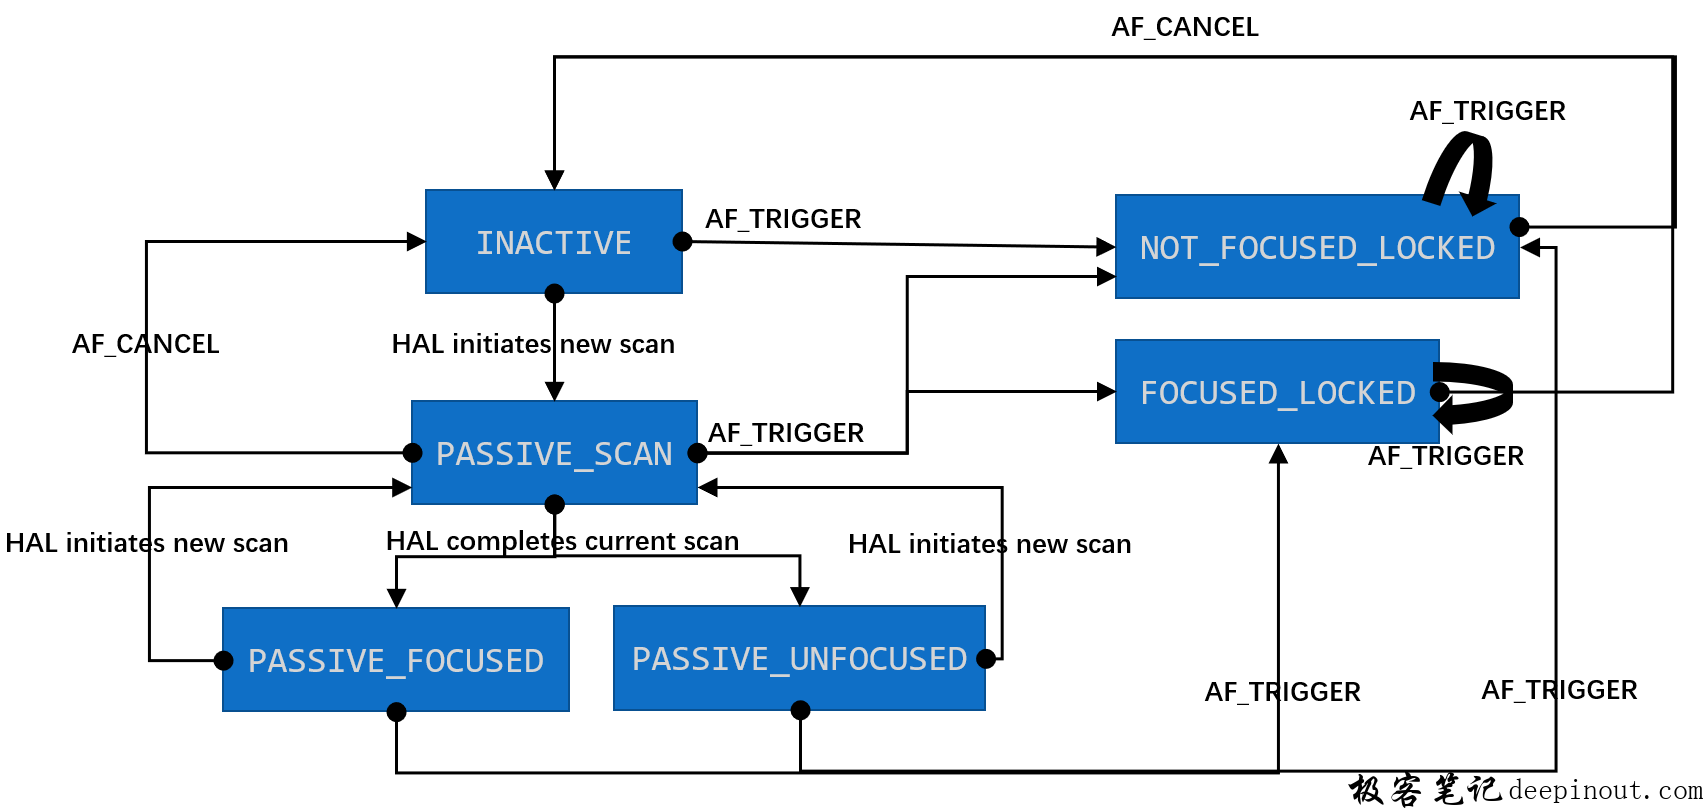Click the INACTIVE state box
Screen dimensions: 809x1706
(x=553, y=242)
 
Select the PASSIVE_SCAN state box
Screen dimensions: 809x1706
(x=554, y=453)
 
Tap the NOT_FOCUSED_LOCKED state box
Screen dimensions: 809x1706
(x=1316, y=247)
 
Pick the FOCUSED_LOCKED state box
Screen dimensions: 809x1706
(x=1277, y=392)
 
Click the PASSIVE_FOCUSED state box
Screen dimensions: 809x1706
(x=395, y=660)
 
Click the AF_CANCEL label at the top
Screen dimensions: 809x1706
(x=1184, y=27)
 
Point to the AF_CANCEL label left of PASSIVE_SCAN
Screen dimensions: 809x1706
(x=145, y=344)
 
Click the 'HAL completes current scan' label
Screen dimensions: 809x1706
(x=562, y=541)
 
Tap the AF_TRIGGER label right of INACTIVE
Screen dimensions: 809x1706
(x=783, y=219)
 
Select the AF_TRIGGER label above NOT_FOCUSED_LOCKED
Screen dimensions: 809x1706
(x=1487, y=111)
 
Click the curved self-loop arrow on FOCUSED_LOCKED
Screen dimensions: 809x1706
(x=1480, y=393)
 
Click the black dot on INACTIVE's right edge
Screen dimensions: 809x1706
(x=682, y=241)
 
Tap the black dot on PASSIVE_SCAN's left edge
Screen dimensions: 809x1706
(x=412, y=453)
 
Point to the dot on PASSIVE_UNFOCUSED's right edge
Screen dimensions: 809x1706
(x=986, y=658)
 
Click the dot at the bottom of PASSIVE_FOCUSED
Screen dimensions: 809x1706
(x=396, y=712)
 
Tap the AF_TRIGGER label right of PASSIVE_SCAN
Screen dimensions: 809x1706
(x=786, y=433)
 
